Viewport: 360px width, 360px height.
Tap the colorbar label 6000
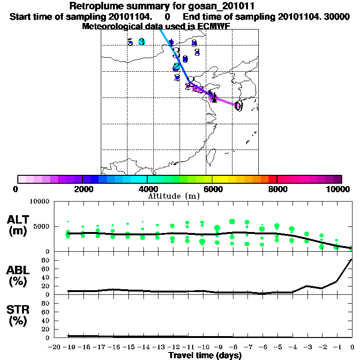coord(213,189)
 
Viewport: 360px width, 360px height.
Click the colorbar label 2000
coord(82,189)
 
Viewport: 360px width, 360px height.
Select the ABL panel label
coord(19,276)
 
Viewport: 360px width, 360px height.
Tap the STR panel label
coord(19,315)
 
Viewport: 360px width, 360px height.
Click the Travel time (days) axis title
coord(205,355)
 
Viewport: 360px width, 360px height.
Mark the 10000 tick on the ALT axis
coord(39,202)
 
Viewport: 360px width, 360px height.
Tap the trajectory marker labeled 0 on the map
coord(238,106)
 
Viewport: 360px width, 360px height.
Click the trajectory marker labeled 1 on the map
coord(214,97)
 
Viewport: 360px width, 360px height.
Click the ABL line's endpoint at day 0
coord(352,259)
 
